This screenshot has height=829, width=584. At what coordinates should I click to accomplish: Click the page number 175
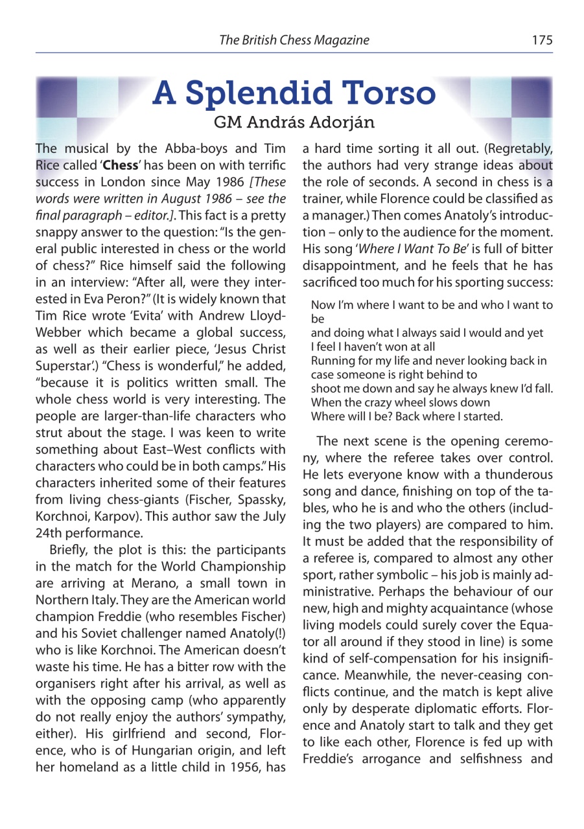tap(542, 40)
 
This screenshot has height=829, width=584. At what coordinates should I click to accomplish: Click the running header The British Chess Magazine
tap(294, 40)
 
